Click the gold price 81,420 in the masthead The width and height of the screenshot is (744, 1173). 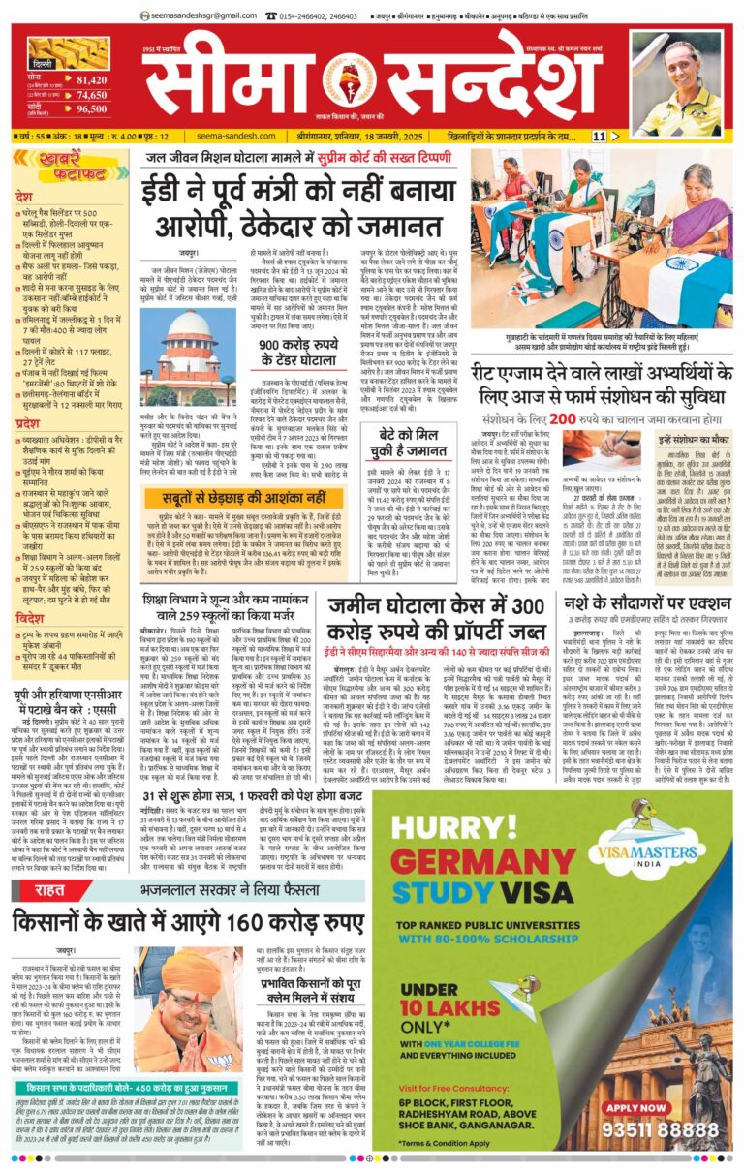pos(92,79)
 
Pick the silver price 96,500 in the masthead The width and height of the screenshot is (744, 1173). pos(92,109)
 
